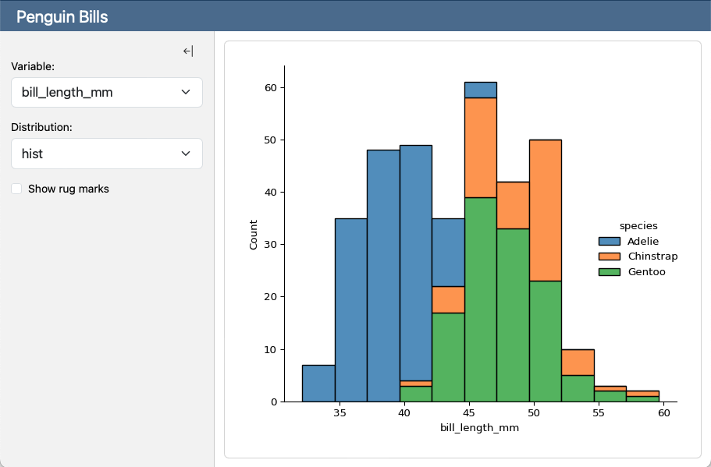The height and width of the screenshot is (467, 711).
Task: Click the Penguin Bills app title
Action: pos(62,16)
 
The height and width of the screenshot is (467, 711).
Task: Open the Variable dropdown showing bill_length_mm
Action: pos(107,92)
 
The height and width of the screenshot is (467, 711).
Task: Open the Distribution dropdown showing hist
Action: pos(107,154)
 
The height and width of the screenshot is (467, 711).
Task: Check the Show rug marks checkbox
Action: pos(16,189)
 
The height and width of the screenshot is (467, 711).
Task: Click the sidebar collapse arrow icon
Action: pos(188,51)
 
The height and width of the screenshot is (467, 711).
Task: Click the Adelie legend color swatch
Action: pos(610,242)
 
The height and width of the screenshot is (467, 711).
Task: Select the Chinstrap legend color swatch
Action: pos(610,256)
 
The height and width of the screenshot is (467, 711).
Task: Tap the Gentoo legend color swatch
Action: pos(610,272)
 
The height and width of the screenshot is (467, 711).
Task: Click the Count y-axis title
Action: pos(253,234)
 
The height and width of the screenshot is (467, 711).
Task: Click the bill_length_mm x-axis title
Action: pos(479,428)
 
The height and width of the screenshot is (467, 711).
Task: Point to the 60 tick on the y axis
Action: pos(269,87)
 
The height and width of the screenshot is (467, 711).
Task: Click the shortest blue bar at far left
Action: pos(318,383)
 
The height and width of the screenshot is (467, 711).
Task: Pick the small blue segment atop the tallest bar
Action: pos(480,90)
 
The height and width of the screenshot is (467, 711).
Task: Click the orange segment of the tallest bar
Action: pos(480,147)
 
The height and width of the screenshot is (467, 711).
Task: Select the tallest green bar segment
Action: pos(480,299)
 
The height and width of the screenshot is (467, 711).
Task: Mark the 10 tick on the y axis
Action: pos(269,349)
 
